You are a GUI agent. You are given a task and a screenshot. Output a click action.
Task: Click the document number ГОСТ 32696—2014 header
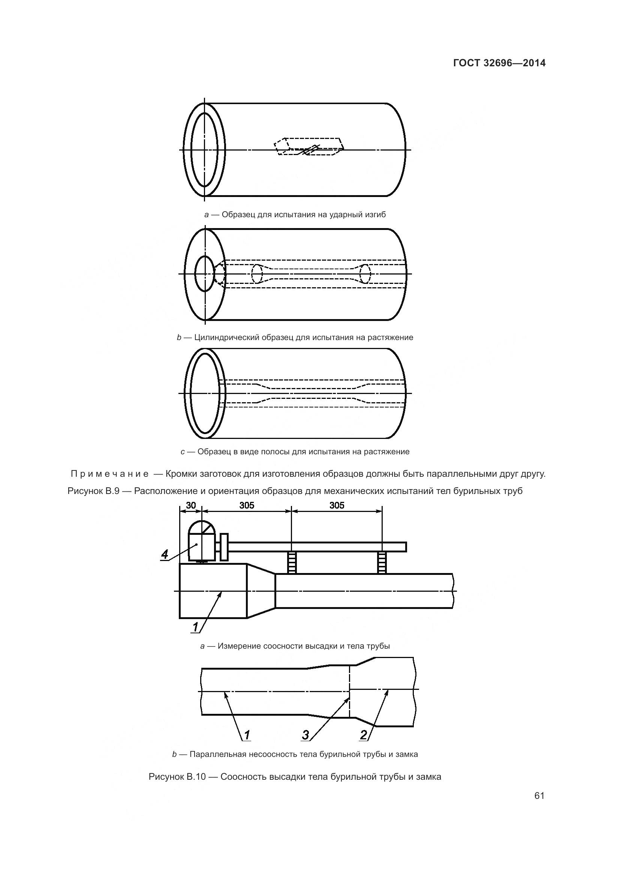click(499, 63)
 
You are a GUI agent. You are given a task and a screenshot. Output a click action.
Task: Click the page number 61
click(539, 795)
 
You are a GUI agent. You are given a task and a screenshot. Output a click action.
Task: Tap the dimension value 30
click(190, 506)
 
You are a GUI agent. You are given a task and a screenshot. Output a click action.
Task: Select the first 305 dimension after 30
click(247, 506)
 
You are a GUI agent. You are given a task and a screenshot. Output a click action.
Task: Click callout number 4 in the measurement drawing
click(165, 554)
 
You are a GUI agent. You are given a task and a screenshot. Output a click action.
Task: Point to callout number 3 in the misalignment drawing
click(306, 735)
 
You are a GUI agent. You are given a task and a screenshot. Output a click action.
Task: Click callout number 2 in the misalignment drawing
click(364, 735)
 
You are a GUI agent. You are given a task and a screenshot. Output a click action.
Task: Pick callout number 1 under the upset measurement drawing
click(195, 627)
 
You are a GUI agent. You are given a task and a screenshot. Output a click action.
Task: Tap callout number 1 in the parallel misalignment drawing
click(247, 735)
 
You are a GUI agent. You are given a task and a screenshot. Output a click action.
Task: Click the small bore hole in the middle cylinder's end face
click(205, 273)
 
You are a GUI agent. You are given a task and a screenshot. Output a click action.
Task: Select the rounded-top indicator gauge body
click(202, 541)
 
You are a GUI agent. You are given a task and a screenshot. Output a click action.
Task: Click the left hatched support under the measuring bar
click(292, 563)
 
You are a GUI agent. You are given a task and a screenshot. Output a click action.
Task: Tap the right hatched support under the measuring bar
click(382, 563)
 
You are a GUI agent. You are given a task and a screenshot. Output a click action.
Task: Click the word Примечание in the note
click(110, 474)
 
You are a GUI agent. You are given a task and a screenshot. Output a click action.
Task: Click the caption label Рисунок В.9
click(94, 491)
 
